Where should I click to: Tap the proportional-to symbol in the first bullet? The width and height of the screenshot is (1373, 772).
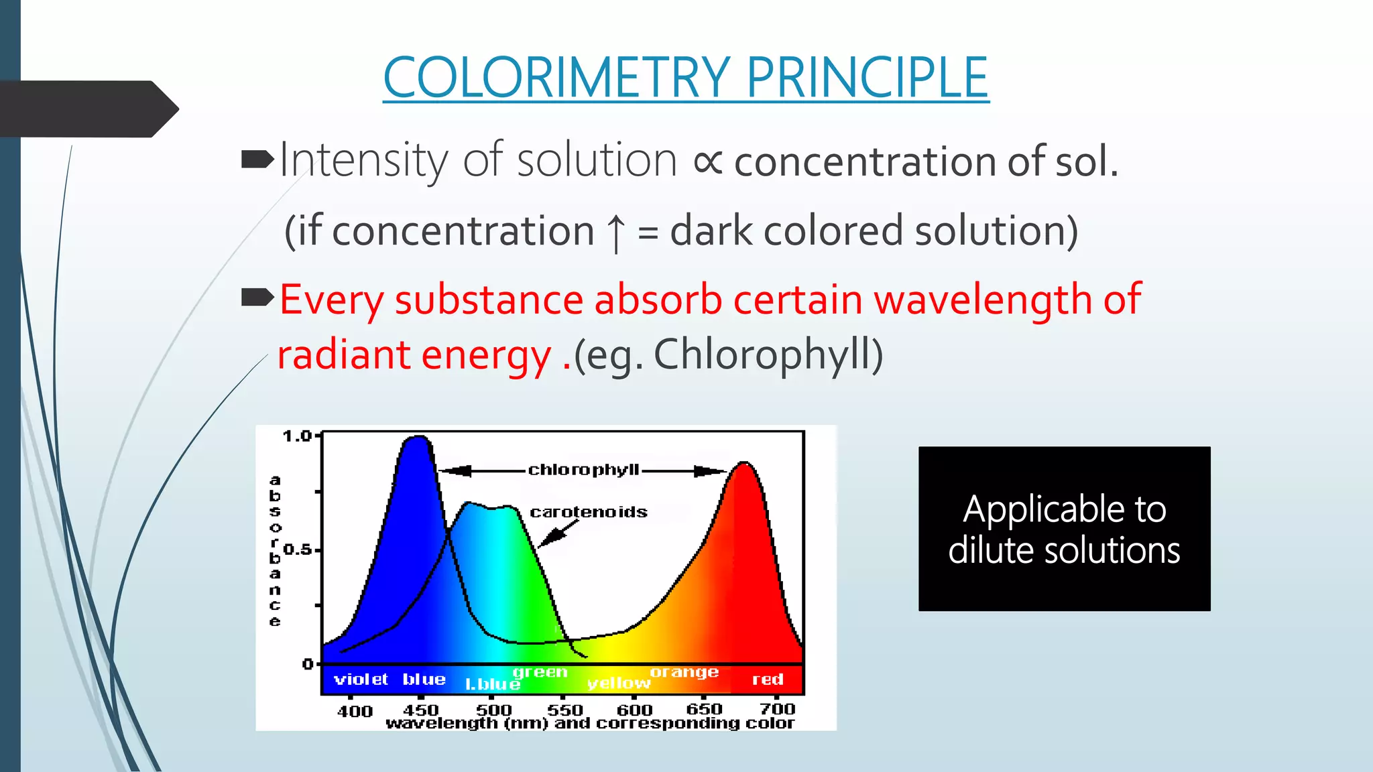707,162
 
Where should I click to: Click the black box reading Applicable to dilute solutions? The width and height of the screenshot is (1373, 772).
1064,529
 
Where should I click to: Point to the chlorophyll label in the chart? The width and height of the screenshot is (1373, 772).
583,470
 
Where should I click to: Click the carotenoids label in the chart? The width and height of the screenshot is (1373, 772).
589,513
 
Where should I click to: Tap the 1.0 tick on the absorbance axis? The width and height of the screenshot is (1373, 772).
297,436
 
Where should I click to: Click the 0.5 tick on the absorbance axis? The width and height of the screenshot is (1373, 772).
297,550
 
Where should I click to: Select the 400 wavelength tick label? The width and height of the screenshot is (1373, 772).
355,711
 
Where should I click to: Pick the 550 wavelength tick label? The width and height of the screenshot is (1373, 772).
564,710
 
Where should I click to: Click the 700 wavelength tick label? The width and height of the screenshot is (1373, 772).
777,709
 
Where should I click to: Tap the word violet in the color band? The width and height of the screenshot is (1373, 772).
361,680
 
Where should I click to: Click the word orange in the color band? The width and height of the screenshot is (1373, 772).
684,671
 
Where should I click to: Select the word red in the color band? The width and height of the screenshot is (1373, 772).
768,680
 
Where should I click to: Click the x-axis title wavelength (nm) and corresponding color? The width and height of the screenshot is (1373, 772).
590,724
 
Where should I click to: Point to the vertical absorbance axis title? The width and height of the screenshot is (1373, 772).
275,550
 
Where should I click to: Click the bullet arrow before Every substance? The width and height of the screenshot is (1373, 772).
257,297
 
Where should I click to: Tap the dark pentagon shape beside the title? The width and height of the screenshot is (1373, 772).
87,109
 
